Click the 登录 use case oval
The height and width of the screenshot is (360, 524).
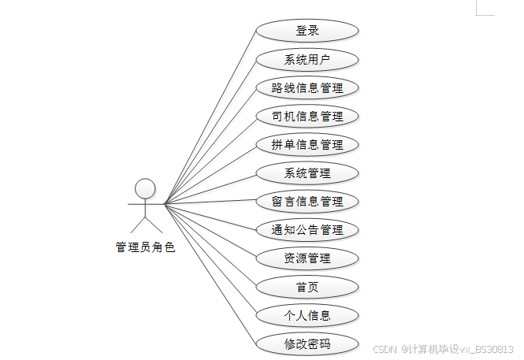click(307, 31)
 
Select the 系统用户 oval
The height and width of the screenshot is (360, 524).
click(307, 59)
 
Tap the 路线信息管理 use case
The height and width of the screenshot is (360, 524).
click(307, 87)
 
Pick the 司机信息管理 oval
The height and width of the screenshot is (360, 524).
click(307, 117)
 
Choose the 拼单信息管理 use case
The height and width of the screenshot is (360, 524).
click(307, 145)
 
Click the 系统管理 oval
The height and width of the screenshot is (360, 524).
click(307, 173)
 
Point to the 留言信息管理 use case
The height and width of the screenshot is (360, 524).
click(307, 202)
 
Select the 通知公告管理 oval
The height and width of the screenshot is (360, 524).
click(307, 230)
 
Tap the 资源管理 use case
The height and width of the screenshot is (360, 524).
click(307, 258)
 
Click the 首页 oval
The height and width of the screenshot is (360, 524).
click(307, 287)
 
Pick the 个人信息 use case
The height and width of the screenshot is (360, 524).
click(307, 316)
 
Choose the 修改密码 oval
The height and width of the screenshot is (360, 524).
click(307, 344)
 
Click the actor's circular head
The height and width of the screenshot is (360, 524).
click(144, 187)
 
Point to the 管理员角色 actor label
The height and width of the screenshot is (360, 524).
click(145, 247)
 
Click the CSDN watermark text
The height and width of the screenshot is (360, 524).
click(443, 349)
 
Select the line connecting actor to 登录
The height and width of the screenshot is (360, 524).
click(210, 117)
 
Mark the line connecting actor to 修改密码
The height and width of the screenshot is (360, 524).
click(210, 274)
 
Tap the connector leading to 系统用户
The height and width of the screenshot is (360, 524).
click(210, 131)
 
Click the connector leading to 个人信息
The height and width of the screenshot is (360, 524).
click(210, 260)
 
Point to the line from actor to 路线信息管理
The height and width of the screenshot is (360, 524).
click(210, 145)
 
